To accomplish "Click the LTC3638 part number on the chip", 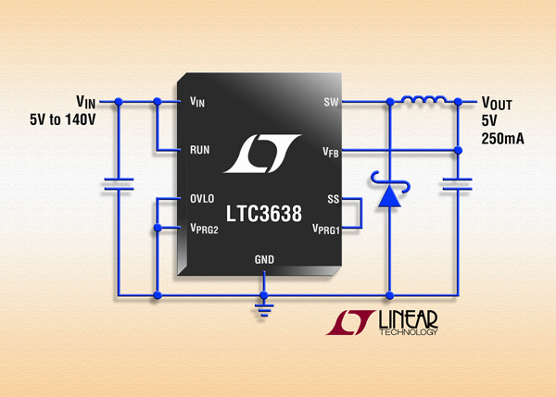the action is coord(264,214).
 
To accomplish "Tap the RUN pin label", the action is coord(199,150).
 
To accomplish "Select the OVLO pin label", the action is coord(202,198).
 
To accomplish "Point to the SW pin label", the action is coord(331,102).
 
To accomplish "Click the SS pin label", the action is coord(334,199).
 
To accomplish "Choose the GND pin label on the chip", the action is coord(264,260).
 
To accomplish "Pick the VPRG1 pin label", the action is coord(326,230).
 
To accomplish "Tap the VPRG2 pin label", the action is coord(204,229).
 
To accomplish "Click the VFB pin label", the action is coord(331,153).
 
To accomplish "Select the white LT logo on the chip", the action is coord(262,154).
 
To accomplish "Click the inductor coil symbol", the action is coord(423,100).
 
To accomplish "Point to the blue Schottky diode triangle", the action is coord(390,196).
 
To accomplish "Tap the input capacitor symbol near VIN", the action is coord(119,184).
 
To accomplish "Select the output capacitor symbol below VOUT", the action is coord(458,184).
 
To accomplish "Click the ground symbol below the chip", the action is coord(264,309).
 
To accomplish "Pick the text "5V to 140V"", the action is coord(63,119).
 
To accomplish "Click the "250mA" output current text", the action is coord(502,139).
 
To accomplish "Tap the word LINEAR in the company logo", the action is coord(408,319).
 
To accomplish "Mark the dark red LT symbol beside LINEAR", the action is coord(350,322).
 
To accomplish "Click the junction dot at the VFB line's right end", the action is coord(458,150).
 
